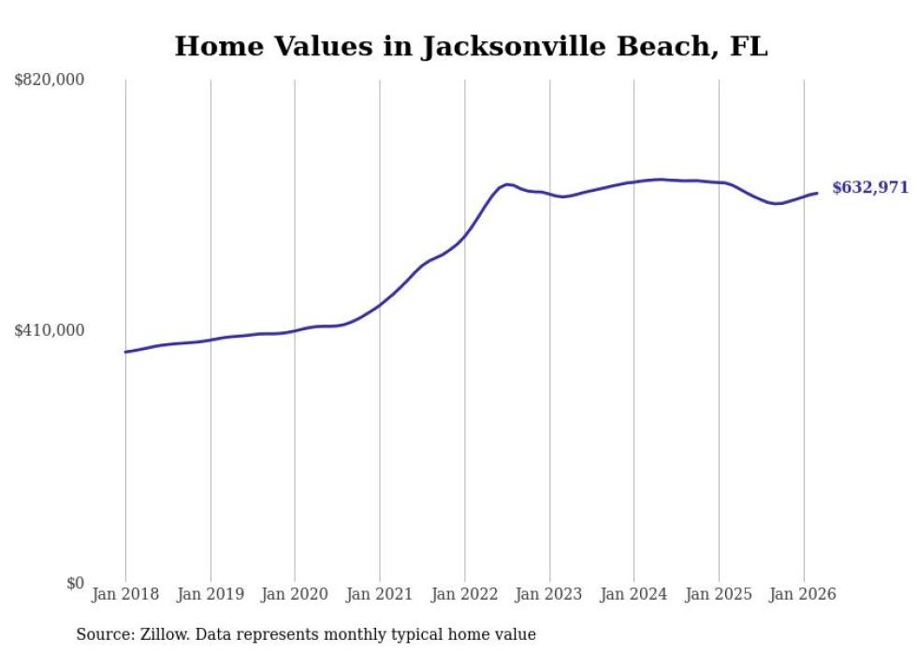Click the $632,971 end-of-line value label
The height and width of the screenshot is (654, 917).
(869, 187)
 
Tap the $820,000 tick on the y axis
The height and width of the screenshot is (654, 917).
(50, 80)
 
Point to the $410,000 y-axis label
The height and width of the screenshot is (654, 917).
(50, 330)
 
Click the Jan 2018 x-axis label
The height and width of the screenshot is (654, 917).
(125, 594)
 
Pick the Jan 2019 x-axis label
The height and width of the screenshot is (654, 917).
(211, 594)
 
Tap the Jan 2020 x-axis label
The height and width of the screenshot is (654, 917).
(295, 594)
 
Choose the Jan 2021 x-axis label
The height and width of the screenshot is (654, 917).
(380, 594)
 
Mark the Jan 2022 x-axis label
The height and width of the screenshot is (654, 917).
(465, 594)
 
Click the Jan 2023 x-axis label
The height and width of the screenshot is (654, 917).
(550, 594)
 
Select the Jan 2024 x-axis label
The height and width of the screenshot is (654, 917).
(634, 594)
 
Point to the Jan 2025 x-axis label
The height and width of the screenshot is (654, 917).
(719, 594)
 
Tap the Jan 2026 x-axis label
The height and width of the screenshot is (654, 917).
(804, 594)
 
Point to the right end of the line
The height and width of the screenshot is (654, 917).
(817, 193)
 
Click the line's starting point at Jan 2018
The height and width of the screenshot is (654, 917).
(125, 352)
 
